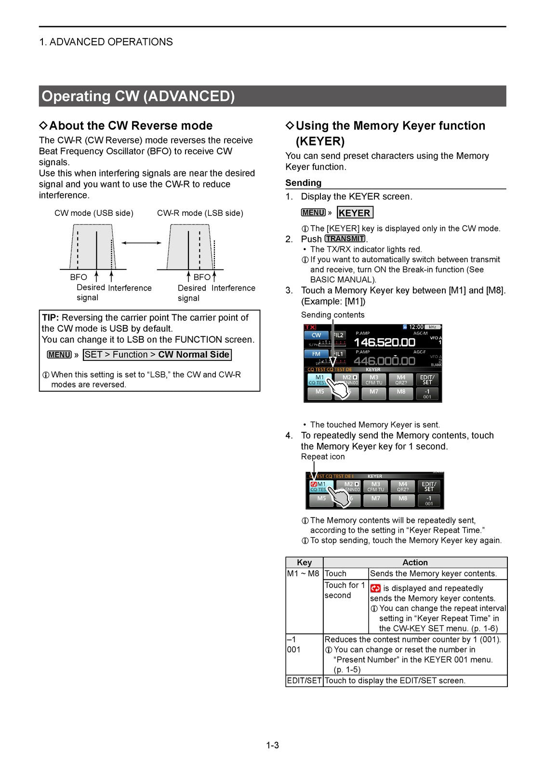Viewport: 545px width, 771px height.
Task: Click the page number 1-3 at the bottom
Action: [x=272, y=745]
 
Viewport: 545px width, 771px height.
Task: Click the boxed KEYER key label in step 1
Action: [x=355, y=213]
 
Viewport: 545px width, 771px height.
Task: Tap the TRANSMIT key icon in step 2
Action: [x=345, y=239]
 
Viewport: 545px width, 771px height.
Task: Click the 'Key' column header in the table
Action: [x=304, y=562]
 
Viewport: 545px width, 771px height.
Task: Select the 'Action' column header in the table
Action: [x=415, y=562]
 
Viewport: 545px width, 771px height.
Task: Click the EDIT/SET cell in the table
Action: [x=304, y=681]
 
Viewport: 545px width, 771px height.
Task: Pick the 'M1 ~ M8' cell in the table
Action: [x=303, y=573]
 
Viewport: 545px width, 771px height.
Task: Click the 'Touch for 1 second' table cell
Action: [x=345, y=590]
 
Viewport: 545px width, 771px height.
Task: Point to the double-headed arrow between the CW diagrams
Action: [x=141, y=243]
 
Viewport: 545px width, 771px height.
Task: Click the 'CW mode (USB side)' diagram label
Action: [x=94, y=213]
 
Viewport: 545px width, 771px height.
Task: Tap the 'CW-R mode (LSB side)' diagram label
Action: [x=200, y=213]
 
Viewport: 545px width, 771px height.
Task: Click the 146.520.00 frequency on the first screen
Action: [x=384, y=343]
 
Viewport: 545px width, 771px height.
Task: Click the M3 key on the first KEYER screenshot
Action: [x=374, y=380]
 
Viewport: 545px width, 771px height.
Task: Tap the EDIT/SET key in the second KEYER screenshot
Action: [x=428, y=486]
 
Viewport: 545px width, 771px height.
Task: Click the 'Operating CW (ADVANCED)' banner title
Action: [x=138, y=96]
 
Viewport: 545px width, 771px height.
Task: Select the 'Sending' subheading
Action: [x=303, y=183]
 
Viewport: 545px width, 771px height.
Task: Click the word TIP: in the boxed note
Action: [x=50, y=318]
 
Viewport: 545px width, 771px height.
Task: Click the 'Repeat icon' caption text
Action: [x=323, y=457]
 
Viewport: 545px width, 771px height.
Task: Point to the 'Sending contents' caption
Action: [x=332, y=315]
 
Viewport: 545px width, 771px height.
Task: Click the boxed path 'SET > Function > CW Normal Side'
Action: [x=157, y=355]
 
